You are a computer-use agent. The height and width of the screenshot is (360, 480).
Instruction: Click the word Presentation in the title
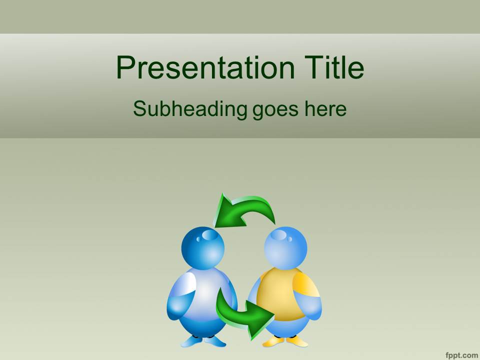point(205,67)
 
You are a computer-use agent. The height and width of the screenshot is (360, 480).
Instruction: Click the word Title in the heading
point(334,67)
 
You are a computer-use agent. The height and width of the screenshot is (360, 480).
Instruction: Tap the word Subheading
point(190,109)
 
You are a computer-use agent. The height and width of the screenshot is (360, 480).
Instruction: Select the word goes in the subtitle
point(275,110)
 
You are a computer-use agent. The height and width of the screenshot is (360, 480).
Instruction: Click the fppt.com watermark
point(462,355)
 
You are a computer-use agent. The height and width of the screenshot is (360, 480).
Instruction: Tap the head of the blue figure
point(202,248)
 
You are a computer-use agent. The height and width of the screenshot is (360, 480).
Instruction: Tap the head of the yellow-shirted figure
point(285,248)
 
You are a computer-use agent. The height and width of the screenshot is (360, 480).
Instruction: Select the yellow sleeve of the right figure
point(305,284)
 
